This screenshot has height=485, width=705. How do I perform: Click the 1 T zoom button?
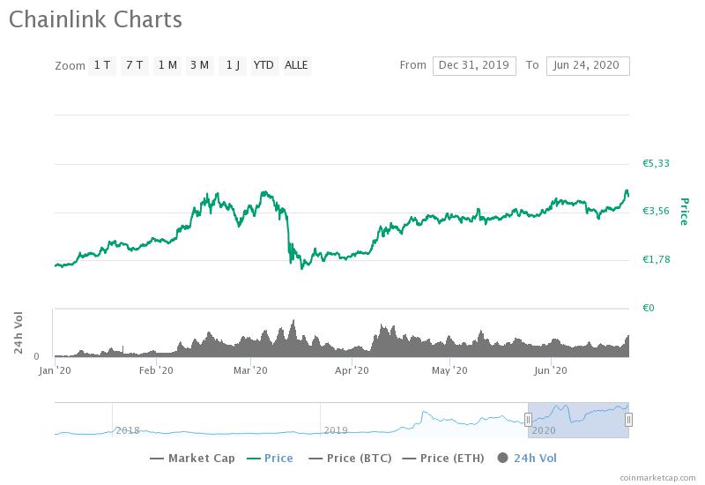pos(102,65)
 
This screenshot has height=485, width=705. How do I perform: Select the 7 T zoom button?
pos(134,65)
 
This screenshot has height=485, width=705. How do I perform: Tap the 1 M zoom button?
pos(167,65)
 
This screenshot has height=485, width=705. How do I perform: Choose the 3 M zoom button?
pos(199,65)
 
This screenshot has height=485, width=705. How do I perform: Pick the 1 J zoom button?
pos(232,65)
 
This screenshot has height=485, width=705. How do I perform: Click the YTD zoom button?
pos(263,65)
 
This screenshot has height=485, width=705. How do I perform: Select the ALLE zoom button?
pos(296,65)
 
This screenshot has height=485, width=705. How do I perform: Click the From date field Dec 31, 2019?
pos(474,65)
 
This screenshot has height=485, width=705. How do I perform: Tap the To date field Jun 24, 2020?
pos(588,65)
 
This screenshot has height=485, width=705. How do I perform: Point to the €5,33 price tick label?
pos(656,163)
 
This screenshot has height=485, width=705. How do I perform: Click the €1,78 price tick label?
pos(656,259)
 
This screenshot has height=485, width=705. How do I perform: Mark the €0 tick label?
pos(648,308)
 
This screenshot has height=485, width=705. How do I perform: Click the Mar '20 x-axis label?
pos(250,370)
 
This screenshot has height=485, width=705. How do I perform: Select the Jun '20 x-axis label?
pos(550,370)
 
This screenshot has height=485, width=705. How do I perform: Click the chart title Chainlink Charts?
pos(96,19)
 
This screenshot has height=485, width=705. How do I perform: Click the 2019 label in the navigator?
pos(336,429)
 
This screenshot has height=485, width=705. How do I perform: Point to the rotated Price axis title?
pos(683,211)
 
